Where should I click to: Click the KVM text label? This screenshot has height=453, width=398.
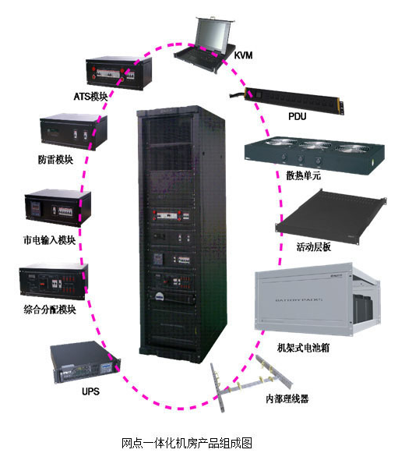243,55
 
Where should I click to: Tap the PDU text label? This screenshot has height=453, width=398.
298,116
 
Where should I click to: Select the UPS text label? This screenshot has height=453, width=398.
90,391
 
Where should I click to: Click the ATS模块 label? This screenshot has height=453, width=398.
90,97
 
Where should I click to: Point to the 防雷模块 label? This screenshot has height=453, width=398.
55,160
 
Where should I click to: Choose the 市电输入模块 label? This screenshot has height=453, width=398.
49,240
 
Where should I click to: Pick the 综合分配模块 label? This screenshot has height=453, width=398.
50,310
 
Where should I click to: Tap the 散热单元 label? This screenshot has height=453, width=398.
303,175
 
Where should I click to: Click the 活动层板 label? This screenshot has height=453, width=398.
314,247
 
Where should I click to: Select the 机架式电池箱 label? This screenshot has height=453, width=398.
303,348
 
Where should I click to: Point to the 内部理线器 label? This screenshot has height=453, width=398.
287,398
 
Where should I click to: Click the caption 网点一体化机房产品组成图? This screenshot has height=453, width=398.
187,443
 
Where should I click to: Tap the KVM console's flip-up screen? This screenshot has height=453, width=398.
213,34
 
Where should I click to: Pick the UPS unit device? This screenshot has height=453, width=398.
85,363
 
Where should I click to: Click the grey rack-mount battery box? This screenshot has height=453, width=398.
318,299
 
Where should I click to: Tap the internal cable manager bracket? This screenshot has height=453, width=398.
250,383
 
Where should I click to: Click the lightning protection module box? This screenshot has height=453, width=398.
73,132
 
